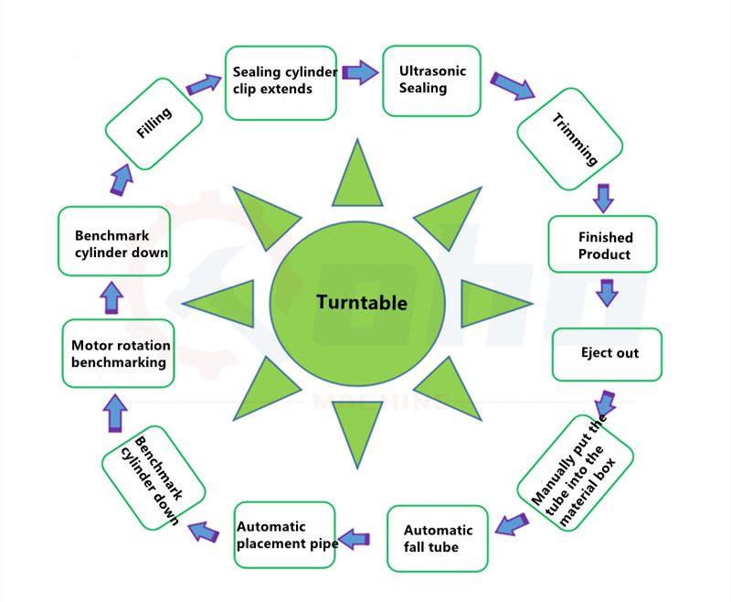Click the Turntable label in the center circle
point(362,302)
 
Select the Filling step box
point(154,123)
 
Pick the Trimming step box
point(570,138)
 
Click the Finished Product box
point(603,244)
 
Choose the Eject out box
point(608,353)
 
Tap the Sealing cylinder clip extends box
point(282,81)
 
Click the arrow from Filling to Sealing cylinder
point(205,84)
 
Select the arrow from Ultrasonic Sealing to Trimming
point(513,85)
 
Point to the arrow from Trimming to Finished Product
point(601,196)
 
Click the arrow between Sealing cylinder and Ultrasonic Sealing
point(361,71)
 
